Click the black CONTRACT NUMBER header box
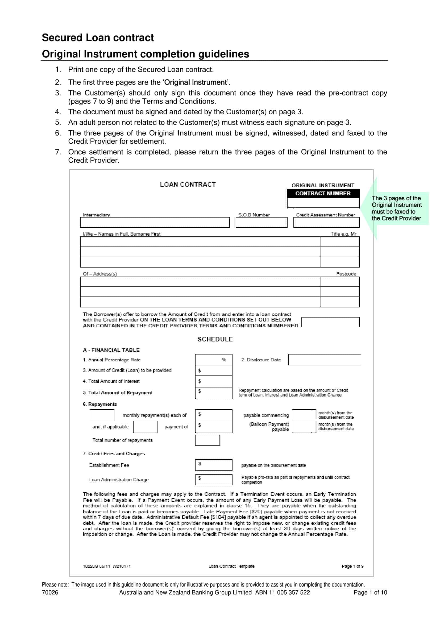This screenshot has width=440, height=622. [323, 193]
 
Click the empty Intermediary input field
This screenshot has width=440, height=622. [155, 222]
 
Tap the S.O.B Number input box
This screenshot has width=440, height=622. [261, 222]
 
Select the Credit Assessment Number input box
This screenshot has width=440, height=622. [326, 222]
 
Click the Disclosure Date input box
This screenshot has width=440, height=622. [324, 360]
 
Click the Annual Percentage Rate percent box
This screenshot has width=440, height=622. [214, 360]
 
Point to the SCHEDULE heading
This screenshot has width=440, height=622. [215, 339]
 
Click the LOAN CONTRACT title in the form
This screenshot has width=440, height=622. [188, 185]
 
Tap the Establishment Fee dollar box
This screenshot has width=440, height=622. [214, 465]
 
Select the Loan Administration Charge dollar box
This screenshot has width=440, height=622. [214, 479]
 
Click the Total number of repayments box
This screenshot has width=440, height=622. [207, 440]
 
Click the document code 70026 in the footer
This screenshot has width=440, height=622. [50, 592]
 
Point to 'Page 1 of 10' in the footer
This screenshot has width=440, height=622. [370, 592]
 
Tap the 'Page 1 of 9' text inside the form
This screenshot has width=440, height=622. [352, 566]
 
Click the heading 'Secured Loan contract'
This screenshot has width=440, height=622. [98, 37]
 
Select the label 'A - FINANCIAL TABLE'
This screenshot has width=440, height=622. [111, 350]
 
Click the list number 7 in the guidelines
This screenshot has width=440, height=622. [58, 152]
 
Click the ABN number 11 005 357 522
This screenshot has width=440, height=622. [289, 592]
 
